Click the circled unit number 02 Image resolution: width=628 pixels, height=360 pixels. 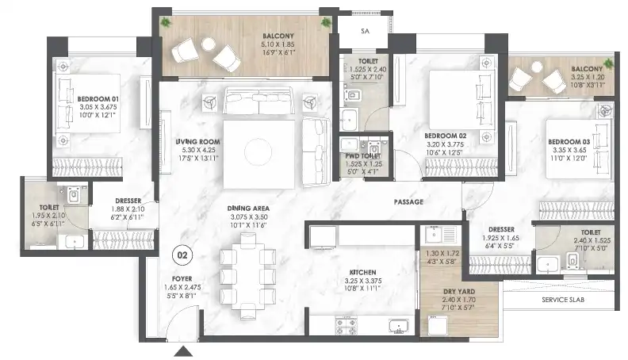(x=182, y=255)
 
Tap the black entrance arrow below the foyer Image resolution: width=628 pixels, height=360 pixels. (x=183, y=351)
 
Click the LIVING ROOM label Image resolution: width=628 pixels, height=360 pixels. (x=198, y=141)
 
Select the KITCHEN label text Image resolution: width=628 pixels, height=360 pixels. (x=363, y=272)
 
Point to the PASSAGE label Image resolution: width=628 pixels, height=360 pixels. (x=408, y=202)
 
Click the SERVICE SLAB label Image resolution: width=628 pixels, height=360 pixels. (x=563, y=300)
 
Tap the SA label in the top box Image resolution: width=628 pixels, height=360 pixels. (x=365, y=31)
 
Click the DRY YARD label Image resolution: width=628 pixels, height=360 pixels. (x=459, y=292)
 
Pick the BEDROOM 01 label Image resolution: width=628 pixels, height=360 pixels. (x=98, y=99)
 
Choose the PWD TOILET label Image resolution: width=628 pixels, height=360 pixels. (x=363, y=155)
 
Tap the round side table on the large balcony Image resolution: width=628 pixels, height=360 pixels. (x=209, y=44)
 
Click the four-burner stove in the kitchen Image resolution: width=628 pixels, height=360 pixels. (x=346, y=326)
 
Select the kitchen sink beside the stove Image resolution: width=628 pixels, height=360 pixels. (x=399, y=326)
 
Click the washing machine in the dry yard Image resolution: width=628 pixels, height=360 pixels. (x=438, y=325)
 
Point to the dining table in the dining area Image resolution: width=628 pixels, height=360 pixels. (x=248, y=276)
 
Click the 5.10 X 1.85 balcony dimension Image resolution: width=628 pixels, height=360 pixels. (x=278, y=44)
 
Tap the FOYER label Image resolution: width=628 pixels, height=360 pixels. (x=182, y=278)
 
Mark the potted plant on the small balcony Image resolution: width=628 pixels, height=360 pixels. (x=609, y=63)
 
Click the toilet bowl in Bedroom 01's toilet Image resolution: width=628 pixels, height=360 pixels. (x=74, y=194)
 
